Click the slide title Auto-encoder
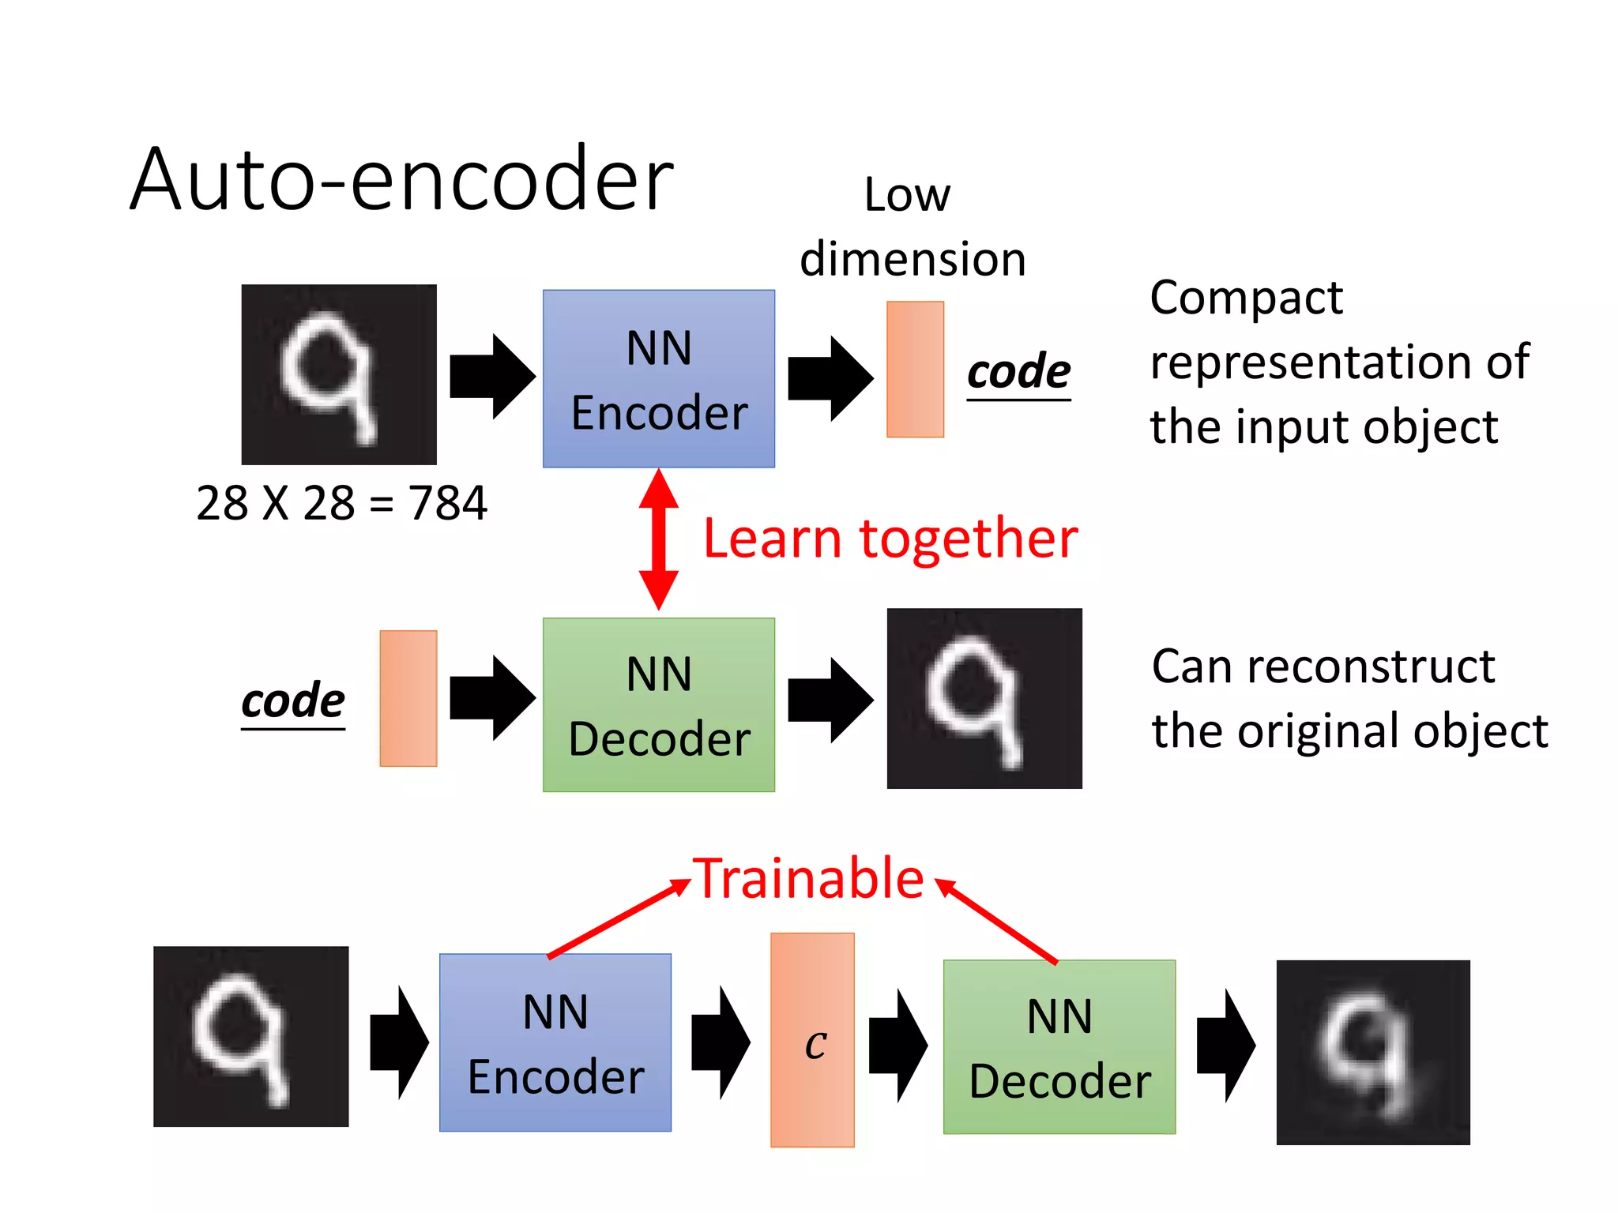tap(401, 180)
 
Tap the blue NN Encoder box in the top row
tap(658, 379)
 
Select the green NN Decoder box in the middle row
tap(658, 705)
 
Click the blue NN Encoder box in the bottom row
tap(555, 1042)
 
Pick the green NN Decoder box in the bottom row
tap(1059, 1047)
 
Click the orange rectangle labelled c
tap(812, 1039)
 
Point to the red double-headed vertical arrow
tap(658, 539)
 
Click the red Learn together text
tap(890, 539)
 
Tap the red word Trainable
tap(809, 878)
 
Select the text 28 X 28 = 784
tap(341, 503)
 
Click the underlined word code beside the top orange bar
tap(1018, 371)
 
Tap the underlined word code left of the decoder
tap(293, 700)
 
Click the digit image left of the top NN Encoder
tap(339, 374)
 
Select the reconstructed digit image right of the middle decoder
tap(984, 698)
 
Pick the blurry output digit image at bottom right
tap(1373, 1052)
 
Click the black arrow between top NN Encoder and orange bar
tap(830, 378)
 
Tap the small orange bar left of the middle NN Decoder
tap(408, 698)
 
